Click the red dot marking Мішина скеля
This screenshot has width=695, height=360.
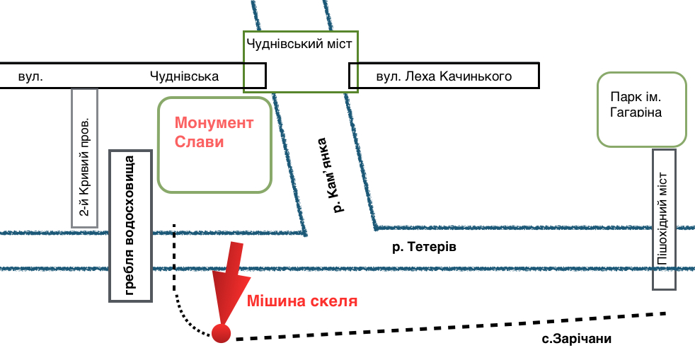click(222, 332)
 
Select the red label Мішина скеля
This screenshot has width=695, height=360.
click(301, 301)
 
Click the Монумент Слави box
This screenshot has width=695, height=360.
click(214, 145)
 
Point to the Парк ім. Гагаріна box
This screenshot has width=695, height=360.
click(642, 109)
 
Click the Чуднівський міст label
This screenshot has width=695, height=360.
click(301, 44)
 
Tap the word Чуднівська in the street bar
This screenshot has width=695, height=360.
click(184, 76)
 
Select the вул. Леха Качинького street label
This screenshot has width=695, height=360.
click(444, 76)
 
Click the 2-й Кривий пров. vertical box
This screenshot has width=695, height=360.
click(85, 158)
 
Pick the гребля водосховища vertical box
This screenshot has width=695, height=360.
click(131, 226)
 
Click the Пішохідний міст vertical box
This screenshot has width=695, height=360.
click(664, 219)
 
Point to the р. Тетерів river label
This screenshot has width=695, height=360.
click(425, 248)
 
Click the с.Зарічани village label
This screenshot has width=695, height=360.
click(576, 339)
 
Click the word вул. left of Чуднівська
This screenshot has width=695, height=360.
click(31, 76)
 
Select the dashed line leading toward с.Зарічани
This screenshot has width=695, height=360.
click(453, 326)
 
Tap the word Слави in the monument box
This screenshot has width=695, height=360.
click(200, 141)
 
